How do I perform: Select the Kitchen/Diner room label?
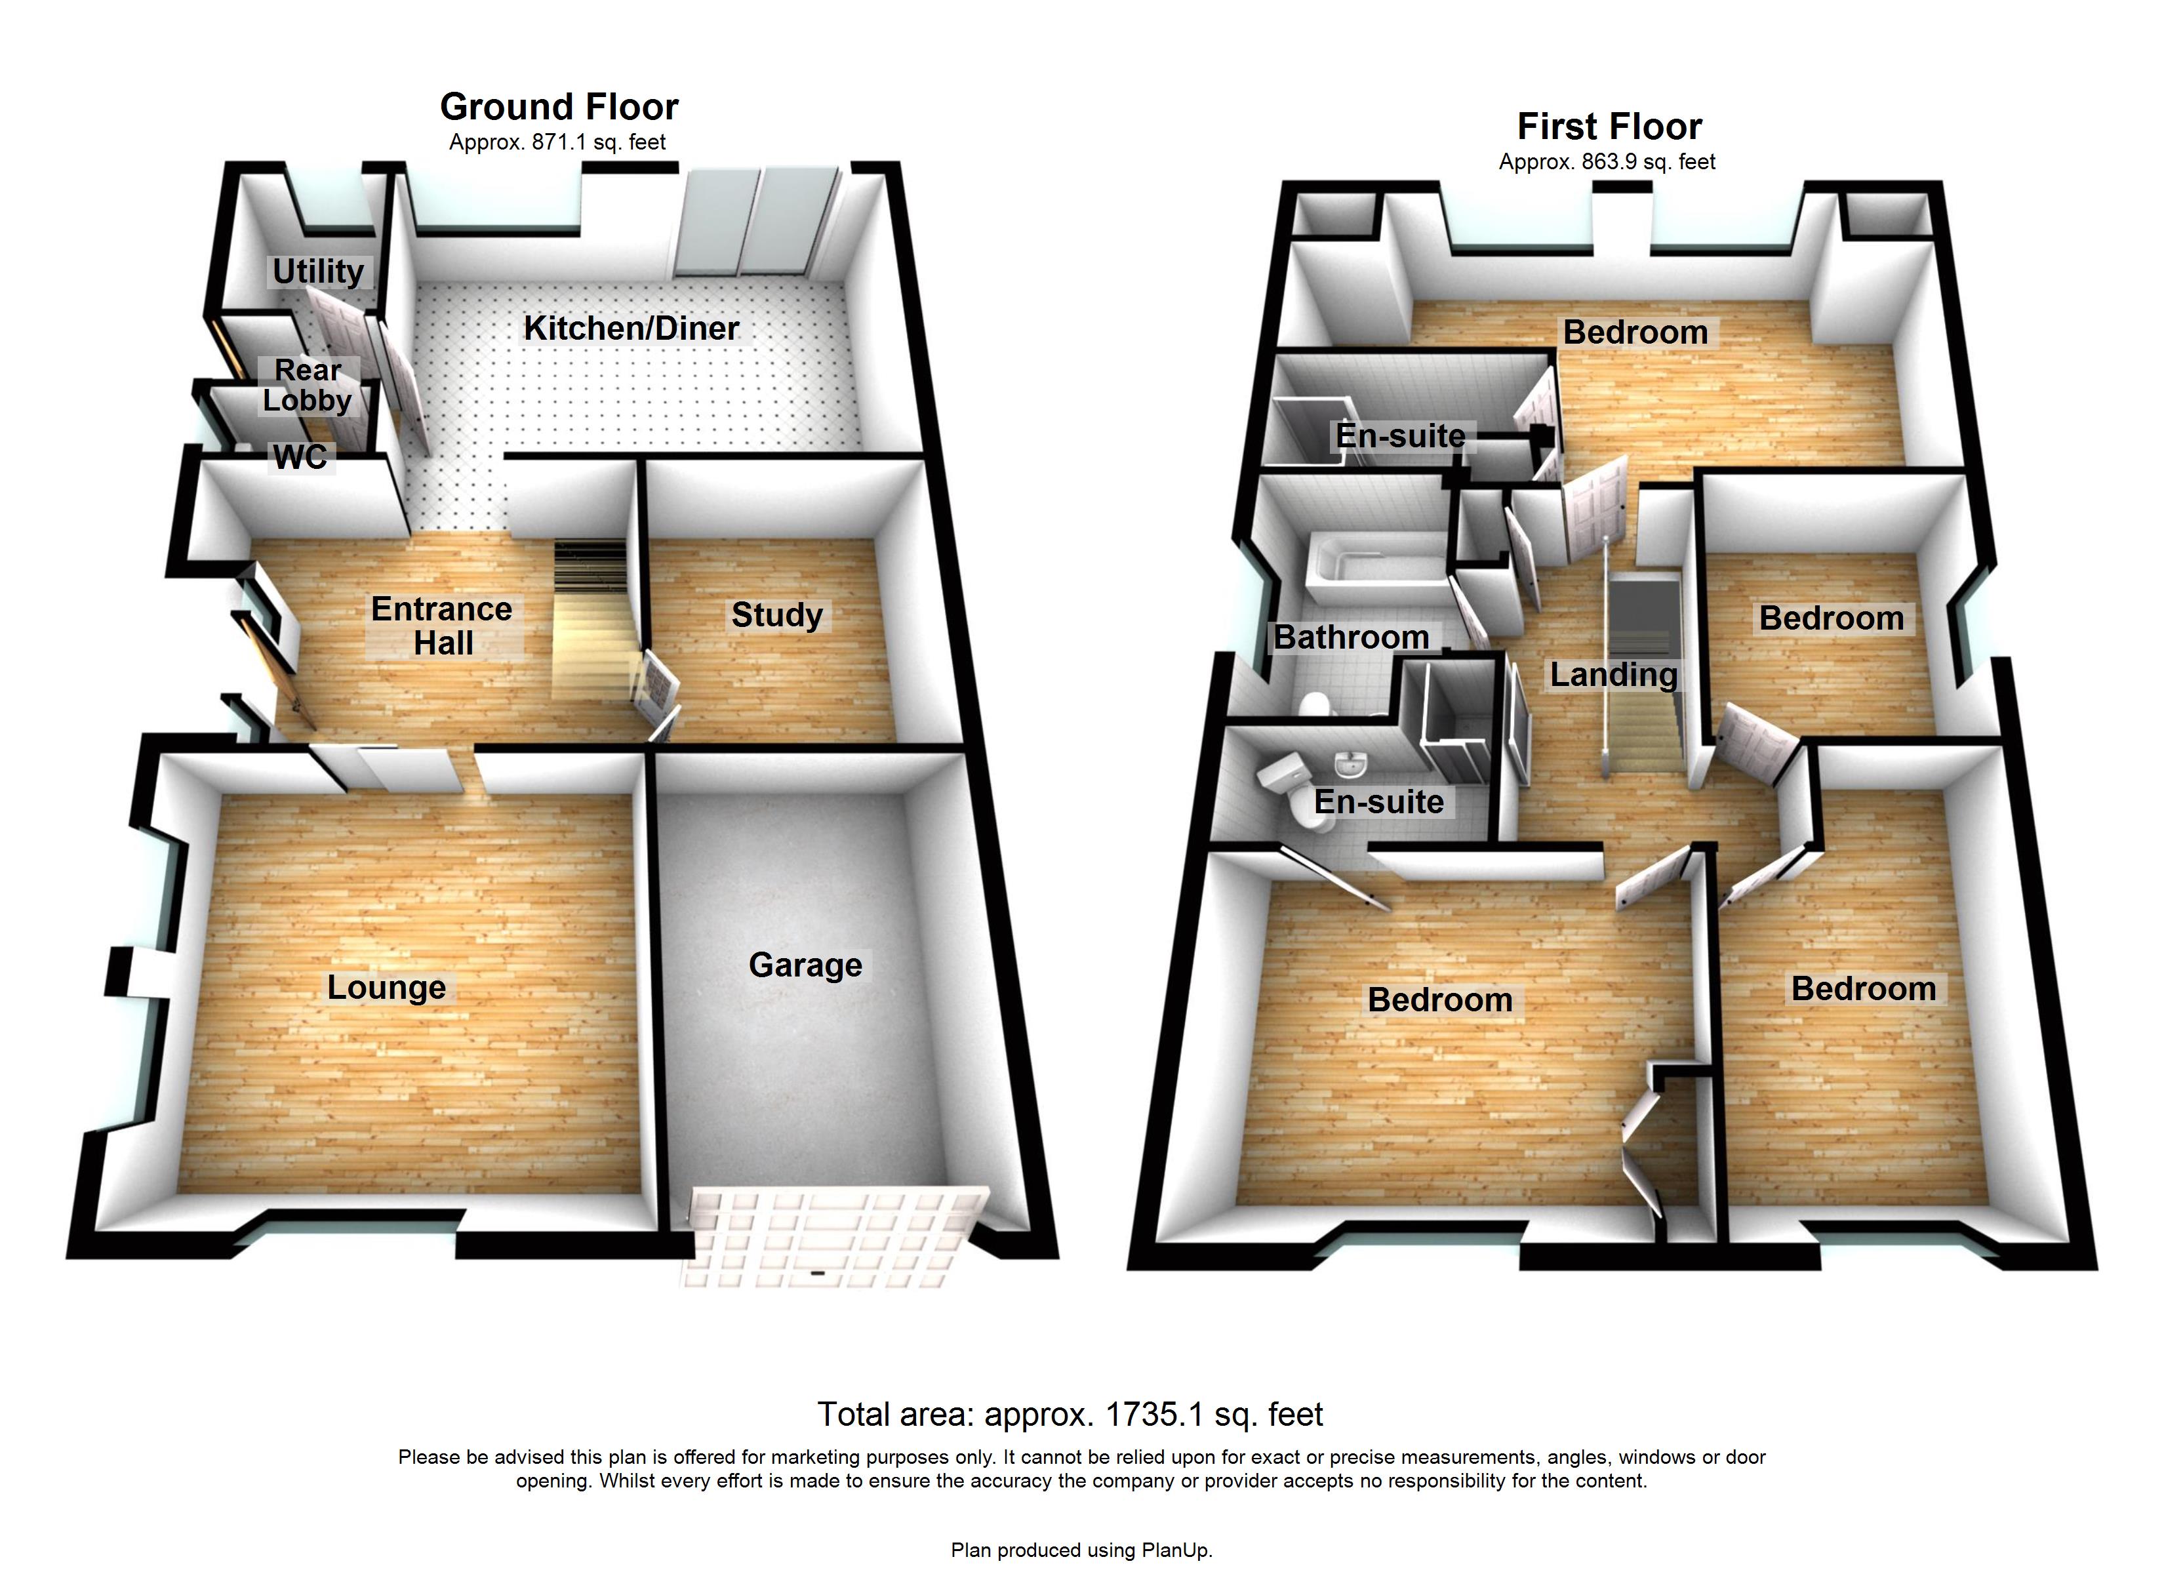click(631, 329)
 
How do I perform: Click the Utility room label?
click(318, 271)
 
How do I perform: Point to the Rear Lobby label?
click(308, 385)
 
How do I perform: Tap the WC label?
click(300, 457)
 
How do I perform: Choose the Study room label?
click(776, 615)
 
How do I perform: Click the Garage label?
click(805, 965)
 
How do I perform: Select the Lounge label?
click(386, 987)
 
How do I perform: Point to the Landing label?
click(1613, 675)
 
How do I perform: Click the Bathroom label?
click(1350, 637)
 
